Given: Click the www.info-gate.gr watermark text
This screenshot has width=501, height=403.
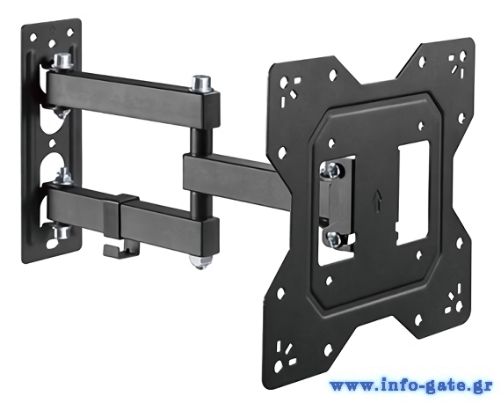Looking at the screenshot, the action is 411,385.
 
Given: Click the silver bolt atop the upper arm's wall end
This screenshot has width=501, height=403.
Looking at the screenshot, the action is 62,61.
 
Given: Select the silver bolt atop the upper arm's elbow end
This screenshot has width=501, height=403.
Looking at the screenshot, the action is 201,83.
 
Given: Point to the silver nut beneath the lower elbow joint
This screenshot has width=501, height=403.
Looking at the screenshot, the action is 200,261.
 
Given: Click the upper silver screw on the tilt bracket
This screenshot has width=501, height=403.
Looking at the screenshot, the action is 332,170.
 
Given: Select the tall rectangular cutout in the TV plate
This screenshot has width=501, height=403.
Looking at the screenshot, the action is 412,194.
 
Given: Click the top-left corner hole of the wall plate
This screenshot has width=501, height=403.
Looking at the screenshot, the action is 33,38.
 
